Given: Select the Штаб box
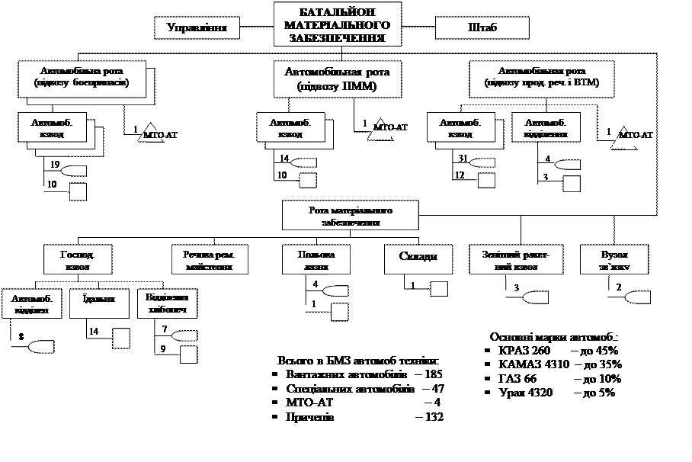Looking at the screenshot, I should pyautogui.click(x=482, y=28).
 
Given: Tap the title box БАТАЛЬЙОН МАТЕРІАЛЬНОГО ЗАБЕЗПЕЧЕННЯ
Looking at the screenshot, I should pyautogui.click(x=337, y=24).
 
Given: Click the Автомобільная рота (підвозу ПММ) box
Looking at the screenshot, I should pyautogui.click(x=337, y=79).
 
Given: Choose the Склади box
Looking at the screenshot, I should pyautogui.click(x=418, y=257).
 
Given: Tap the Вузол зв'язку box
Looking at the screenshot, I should pyautogui.click(x=615, y=261).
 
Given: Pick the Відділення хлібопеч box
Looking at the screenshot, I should pyautogui.click(x=165, y=303).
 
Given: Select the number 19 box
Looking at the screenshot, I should pyautogui.click(x=54, y=165).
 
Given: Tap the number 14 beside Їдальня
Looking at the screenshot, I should pyautogui.click(x=95, y=331).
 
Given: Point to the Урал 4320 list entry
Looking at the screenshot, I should pyautogui.click(x=550, y=393).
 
